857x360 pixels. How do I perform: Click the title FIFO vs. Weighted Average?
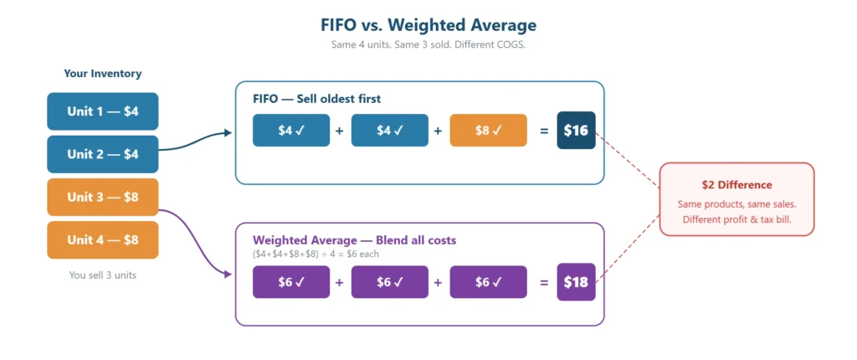[428, 25]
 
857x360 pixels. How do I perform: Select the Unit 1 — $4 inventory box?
[103, 111]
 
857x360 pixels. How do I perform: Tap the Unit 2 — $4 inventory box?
[103, 154]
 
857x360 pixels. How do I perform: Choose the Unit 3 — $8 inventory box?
[103, 198]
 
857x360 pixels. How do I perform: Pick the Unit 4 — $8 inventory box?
[103, 240]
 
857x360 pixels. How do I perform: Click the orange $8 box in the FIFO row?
[488, 131]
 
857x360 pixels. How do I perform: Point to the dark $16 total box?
[576, 131]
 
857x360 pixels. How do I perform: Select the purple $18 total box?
[576, 282]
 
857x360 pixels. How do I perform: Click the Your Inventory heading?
[103, 74]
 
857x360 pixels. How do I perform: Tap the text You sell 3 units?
[103, 275]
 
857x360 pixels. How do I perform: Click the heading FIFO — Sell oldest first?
[316, 99]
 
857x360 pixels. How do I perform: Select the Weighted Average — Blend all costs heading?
[354, 240]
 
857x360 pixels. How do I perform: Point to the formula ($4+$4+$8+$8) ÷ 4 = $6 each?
[316, 253]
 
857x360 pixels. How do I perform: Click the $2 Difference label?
[736, 185]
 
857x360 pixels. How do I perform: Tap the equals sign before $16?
[543, 131]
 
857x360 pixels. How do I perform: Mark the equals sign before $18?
[543, 282]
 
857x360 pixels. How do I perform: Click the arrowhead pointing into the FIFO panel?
[228, 132]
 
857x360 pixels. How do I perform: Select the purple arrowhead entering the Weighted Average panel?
[228, 273]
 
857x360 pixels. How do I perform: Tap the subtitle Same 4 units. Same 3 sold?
[428, 44]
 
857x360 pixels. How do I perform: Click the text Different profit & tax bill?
[736, 219]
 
